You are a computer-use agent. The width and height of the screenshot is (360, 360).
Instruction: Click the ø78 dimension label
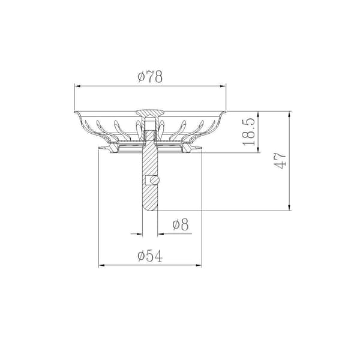click(x=150, y=77)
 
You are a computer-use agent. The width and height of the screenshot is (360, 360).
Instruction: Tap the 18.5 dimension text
click(x=249, y=131)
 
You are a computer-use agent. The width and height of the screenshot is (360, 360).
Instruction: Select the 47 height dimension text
click(x=280, y=161)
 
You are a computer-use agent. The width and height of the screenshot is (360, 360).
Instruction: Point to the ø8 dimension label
click(x=181, y=224)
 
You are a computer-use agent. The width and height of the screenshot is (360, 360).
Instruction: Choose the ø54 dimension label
click(x=150, y=256)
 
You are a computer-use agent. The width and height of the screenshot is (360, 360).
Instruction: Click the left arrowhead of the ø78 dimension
click(x=77, y=86)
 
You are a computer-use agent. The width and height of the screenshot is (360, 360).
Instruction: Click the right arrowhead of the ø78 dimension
click(x=223, y=86)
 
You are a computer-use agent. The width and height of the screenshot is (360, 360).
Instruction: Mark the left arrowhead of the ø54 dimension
click(x=102, y=265)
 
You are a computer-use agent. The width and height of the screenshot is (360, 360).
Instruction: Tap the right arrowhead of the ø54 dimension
click(x=199, y=265)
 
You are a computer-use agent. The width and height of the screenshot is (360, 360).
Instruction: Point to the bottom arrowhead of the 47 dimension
click(x=289, y=208)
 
